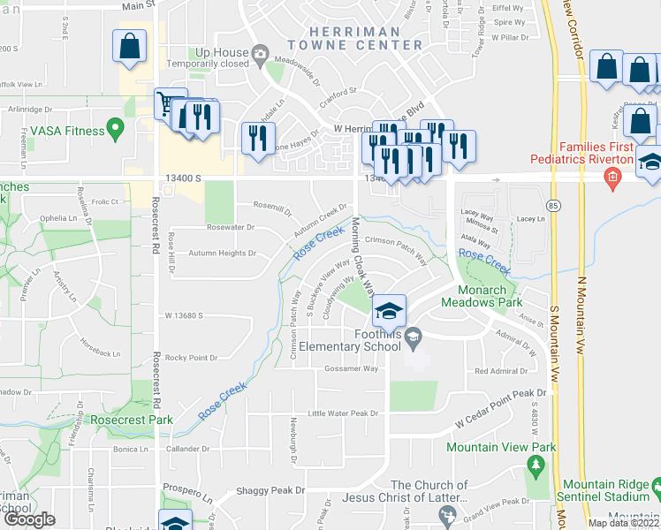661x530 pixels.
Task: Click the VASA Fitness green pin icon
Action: click(114, 130)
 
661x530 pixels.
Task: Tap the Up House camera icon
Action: click(260, 55)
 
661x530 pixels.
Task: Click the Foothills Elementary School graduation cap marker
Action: click(388, 311)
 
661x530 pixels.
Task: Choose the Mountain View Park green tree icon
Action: click(535, 465)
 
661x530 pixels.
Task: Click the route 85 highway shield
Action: click(552, 206)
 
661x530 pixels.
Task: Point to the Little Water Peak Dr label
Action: click(342, 413)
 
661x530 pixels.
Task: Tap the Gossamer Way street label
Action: click(351, 369)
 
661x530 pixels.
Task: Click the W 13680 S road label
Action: click(184, 315)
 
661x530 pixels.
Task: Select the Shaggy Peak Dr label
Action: click(269, 490)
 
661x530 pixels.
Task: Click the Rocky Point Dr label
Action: click(190, 358)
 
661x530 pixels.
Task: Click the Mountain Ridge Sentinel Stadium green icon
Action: click(654, 488)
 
